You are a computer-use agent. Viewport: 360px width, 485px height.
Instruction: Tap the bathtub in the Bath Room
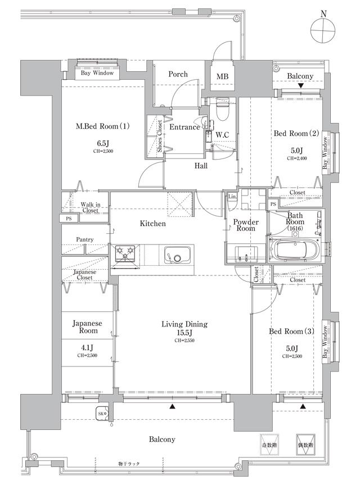(x=294, y=247)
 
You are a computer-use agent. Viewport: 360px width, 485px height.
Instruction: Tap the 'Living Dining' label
(x=184, y=324)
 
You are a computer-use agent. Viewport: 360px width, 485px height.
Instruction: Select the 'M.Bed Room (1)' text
(x=103, y=126)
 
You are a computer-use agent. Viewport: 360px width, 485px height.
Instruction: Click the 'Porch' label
(x=178, y=74)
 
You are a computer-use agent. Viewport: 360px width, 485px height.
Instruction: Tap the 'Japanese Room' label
(x=87, y=328)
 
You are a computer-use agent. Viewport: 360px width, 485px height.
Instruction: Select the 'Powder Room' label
(x=246, y=225)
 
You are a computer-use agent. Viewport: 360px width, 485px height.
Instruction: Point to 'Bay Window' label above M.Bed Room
(x=97, y=73)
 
